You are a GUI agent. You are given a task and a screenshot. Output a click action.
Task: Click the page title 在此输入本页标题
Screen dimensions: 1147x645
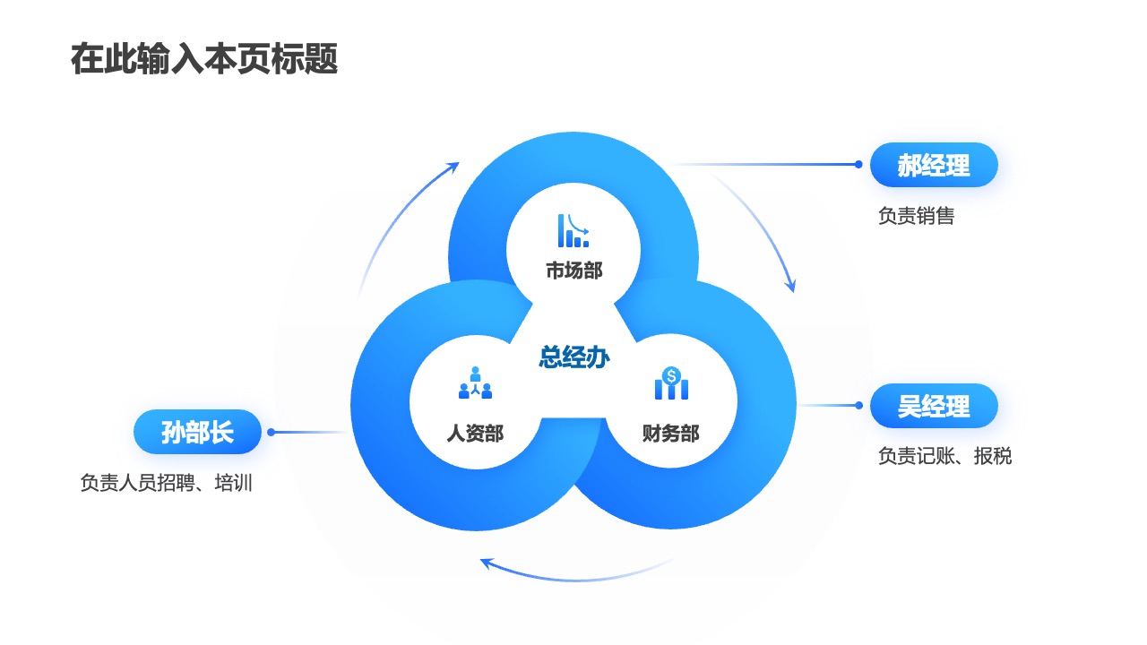click(204, 59)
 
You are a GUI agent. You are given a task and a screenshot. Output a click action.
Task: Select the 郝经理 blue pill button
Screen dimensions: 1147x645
click(934, 165)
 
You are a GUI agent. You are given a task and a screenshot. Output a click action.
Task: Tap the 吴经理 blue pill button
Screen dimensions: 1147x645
click(934, 406)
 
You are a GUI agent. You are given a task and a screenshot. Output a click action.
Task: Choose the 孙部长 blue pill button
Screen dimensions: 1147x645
click(198, 432)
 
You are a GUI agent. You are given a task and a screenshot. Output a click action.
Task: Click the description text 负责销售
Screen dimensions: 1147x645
click(917, 216)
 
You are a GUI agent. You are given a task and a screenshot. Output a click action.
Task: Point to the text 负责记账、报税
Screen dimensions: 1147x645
click(945, 456)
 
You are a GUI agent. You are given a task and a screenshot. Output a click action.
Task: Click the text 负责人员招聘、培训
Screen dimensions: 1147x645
click(167, 483)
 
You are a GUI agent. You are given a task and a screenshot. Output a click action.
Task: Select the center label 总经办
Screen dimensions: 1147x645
click(574, 357)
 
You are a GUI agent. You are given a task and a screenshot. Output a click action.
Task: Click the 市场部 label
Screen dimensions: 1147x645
click(574, 271)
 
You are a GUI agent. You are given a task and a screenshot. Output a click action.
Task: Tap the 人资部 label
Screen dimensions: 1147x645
click(475, 433)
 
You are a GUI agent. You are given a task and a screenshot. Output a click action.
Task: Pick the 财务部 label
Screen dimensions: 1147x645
click(671, 434)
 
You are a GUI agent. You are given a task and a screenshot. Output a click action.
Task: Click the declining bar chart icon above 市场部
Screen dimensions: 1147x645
click(573, 230)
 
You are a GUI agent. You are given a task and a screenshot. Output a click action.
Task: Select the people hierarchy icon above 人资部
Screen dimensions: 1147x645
click(475, 383)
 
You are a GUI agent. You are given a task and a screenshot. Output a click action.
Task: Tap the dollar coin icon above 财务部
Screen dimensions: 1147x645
click(671, 383)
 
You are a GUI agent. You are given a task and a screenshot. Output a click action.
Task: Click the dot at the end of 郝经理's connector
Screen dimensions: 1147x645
click(858, 164)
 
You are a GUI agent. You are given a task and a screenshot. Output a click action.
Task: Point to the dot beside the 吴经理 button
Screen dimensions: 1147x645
click(858, 406)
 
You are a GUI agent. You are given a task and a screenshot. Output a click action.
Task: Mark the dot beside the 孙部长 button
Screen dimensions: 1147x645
click(272, 433)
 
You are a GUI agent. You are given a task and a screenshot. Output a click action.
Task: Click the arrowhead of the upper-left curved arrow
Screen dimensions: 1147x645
click(453, 167)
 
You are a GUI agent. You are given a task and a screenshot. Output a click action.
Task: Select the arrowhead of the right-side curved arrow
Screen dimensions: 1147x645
click(791, 286)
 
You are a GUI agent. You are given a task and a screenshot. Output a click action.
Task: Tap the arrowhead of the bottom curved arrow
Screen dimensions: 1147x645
click(487, 563)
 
